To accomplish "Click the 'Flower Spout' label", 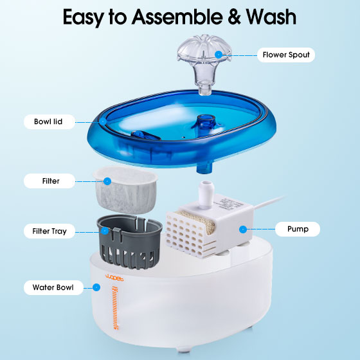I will (x=286, y=55).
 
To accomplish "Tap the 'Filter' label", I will (x=51, y=181).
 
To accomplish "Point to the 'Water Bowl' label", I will (x=53, y=287).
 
